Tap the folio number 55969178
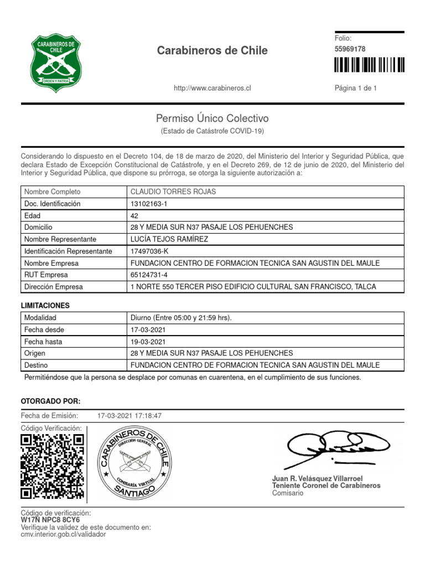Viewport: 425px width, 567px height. coord(350,49)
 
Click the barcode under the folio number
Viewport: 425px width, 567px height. coord(369,65)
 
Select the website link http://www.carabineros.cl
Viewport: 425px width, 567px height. coord(212,89)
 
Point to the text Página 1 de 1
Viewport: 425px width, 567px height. coord(356,89)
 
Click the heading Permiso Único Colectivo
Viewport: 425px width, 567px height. coord(212,118)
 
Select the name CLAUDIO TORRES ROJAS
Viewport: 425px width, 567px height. coord(173,192)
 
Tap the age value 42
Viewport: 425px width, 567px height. coord(134,215)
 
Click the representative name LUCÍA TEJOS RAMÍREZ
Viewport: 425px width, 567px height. coord(169,239)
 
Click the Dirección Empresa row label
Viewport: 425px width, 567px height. coord(54,287)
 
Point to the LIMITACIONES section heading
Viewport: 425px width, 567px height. coord(45,306)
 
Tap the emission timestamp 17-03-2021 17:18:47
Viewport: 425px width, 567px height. coord(129,416)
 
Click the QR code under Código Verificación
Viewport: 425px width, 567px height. coord(52,466)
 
